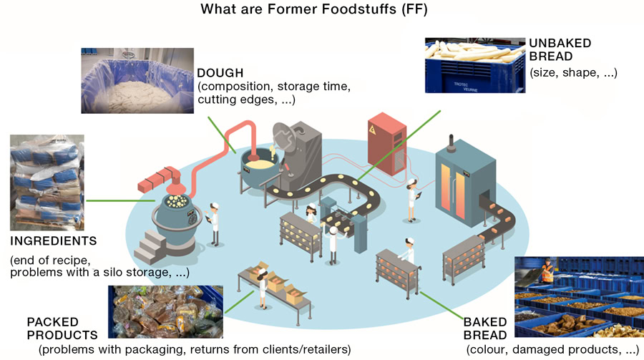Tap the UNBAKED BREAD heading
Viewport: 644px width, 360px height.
pos(560,51)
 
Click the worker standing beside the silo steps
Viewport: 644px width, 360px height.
pos(213,223)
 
